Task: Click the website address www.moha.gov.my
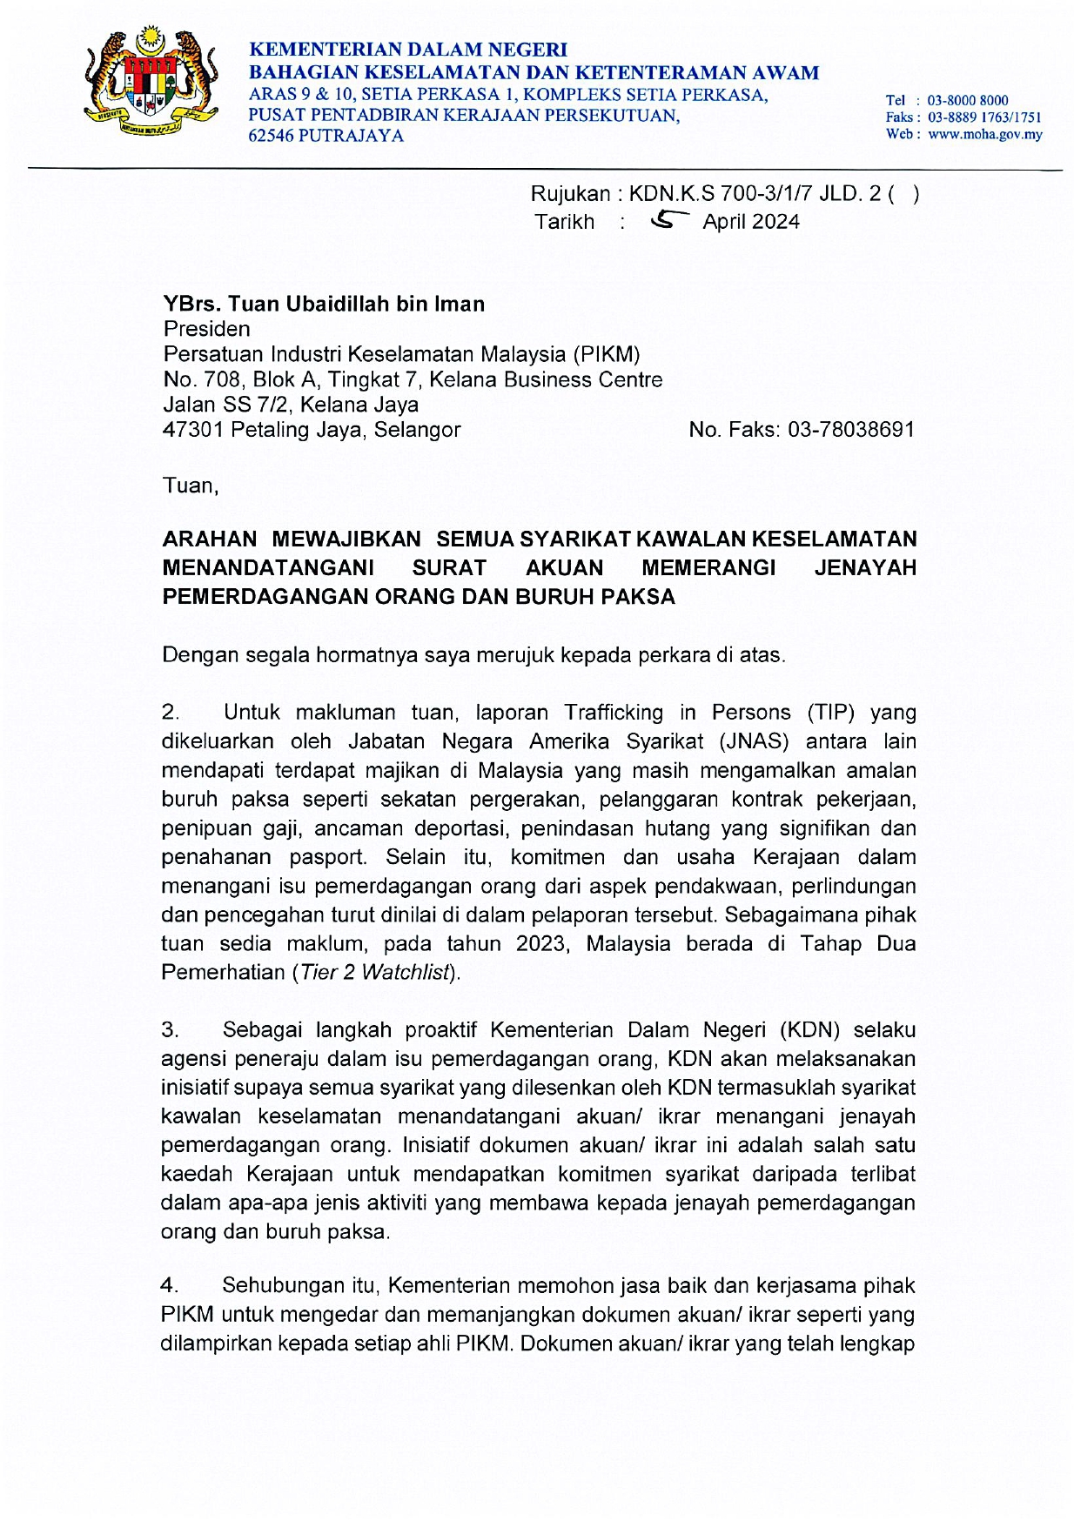pyautogui.click(x=984, y=134)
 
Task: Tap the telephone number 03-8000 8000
pyautogui.click(x=967, y=100)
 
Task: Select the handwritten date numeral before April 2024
pyautogui.click(x=669, y=221)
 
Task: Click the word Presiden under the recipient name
pyautogui.click(x=206, y=329)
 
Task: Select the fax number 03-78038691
pyautogui.click(x=850, y=429)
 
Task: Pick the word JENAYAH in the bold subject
pyautogui.click(x=865, y=568)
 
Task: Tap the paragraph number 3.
pyautogui.click(x=171, y=1030)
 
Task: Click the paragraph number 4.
pyautogui.click(x=171, y=1285)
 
